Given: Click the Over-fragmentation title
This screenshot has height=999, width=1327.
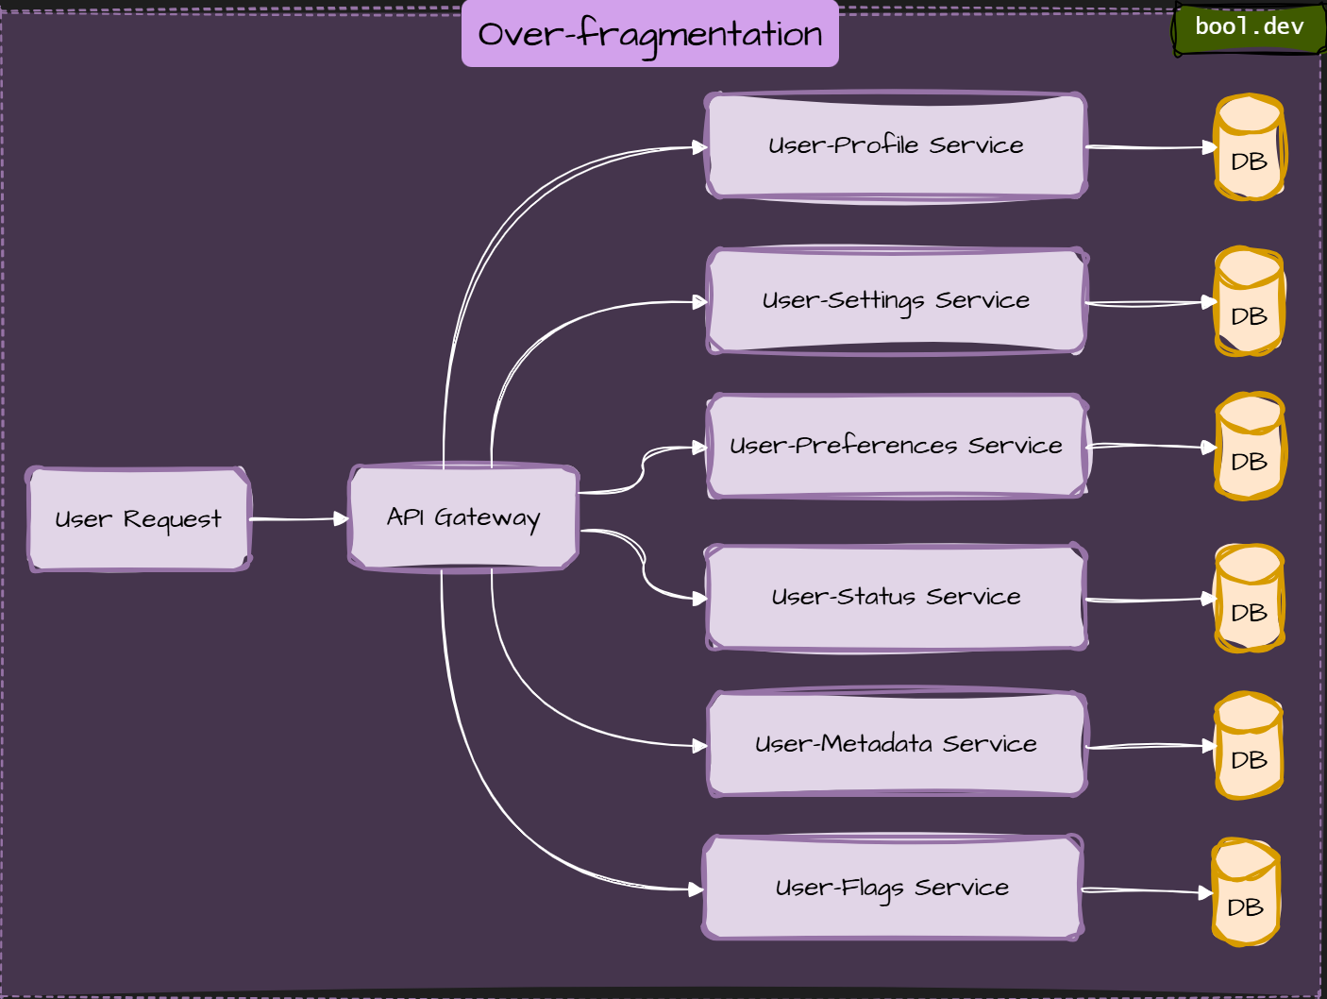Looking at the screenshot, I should coord(649,34).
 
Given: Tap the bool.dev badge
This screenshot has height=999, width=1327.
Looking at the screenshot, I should coord(1249,27).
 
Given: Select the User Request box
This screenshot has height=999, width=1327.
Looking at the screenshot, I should coord(139,519).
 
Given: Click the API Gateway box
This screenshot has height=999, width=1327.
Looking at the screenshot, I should coord(463,517).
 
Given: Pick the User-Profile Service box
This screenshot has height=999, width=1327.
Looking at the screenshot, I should coord(896,145).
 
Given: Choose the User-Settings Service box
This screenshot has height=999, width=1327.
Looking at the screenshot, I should coord(896,300).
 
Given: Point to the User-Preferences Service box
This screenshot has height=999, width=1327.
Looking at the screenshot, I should coord(896,446).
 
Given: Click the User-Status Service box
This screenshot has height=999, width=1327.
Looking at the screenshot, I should coord(896,597).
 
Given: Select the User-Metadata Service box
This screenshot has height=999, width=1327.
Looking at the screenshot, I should coord(896,744).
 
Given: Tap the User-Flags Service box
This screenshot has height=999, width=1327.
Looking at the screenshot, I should coord(892,888).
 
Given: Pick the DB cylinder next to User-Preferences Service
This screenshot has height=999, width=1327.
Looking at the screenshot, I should coord(1249,448).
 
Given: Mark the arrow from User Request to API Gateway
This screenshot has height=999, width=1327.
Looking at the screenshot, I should coord(298,519).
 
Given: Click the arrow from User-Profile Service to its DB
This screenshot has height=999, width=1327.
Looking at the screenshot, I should coord(1151,147).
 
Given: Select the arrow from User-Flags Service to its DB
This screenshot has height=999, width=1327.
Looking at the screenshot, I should coord(1147,890).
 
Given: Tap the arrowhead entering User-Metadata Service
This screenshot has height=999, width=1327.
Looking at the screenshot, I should coord(699,746).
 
